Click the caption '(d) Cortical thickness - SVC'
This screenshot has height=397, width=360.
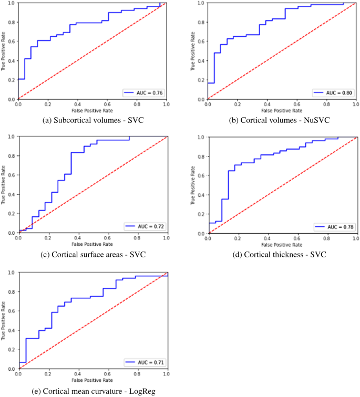(282, 255)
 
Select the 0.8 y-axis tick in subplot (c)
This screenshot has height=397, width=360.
(12, 156)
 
